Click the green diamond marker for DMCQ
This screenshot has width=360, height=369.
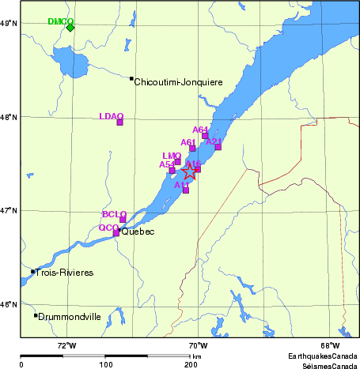coord(70,27)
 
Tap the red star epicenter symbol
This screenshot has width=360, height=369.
coord(190,171)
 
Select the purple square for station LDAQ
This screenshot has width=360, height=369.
coord(119,122)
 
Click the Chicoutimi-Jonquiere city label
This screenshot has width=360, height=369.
coord(178,82)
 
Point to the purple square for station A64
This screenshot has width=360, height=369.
coord(205,136)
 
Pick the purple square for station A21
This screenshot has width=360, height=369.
coord(218,147)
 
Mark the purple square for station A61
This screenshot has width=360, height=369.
coord(192,149)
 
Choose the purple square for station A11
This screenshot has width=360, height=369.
coord(186,190)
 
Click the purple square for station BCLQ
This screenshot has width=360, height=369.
coord(123,220)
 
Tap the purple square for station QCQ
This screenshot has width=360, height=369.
coord(116,233)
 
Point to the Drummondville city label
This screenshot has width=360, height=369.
coord(70,316)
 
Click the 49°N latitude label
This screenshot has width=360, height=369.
coord(8,24)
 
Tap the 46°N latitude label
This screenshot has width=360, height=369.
coord(8,304)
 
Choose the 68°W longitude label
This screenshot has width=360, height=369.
coord(330,346)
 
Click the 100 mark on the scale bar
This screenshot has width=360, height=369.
coord(105,364)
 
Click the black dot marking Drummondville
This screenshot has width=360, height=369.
coord(36,315)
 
